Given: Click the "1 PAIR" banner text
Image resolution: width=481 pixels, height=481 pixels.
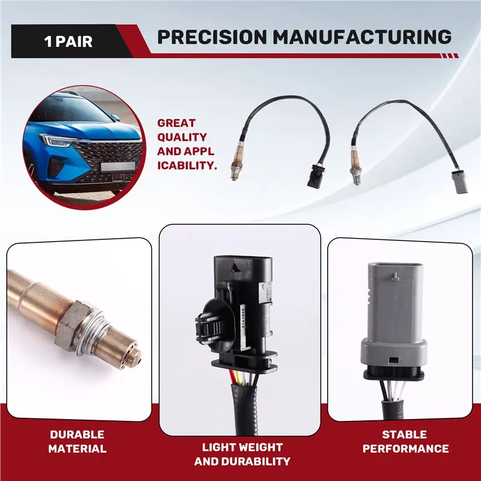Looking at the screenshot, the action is (68, 41).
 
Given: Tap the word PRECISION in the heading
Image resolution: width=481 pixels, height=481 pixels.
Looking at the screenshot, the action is (212, 37).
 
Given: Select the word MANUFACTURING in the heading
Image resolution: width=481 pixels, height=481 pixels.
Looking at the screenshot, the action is (362, 37).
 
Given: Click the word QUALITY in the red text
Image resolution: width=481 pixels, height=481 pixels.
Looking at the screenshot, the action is (182, 137).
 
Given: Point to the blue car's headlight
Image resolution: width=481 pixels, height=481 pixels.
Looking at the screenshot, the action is (58, 140).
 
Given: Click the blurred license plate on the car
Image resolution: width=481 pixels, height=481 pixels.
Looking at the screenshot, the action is (118, 167).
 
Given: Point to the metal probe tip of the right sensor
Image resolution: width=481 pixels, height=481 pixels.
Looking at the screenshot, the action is (356, 179).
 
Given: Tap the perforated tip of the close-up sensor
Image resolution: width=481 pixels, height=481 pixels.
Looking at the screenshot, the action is (130, 356).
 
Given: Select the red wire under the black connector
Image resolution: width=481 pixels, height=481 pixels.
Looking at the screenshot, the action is (233, 378).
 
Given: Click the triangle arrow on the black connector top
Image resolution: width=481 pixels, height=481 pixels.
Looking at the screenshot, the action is (235, 266).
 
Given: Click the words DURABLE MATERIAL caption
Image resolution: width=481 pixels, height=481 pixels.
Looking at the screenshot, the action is (78, 442).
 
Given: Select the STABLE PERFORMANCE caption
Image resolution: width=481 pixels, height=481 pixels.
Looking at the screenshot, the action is (405, 442).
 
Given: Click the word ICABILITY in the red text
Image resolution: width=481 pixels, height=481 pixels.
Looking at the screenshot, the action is (187, 166).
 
